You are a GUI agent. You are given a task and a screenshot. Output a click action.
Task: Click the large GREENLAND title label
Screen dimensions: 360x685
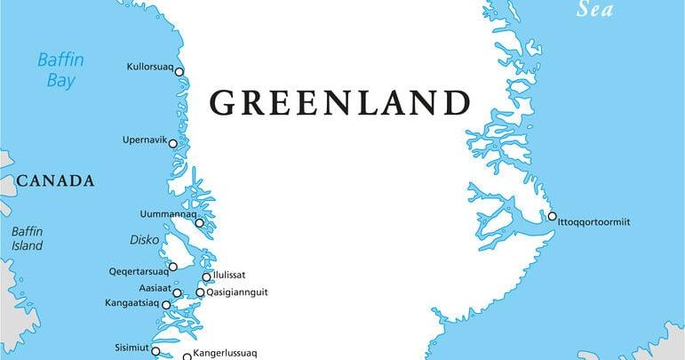point(339,103)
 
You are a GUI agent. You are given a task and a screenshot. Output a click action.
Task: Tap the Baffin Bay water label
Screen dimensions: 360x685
point(59,70)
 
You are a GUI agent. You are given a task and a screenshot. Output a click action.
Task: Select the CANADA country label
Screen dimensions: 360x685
point(55,181)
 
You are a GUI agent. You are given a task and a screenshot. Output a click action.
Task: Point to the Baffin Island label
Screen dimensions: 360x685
point(28,239)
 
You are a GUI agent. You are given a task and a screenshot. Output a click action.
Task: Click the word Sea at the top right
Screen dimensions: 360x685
point(595,10)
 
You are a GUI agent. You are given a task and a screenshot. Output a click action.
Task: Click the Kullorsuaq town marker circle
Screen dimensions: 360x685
point(179,72)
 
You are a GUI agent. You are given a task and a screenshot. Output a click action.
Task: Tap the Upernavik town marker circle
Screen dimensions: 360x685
point(172,142)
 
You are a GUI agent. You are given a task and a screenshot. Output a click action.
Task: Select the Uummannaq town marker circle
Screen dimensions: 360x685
point(199,223)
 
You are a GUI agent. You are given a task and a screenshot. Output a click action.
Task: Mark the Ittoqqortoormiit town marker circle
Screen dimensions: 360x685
point(552,216)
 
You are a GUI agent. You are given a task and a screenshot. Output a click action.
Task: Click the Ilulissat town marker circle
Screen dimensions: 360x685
point(207,276)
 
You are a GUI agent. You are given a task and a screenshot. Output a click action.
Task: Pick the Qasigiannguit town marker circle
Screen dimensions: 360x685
point(200,292)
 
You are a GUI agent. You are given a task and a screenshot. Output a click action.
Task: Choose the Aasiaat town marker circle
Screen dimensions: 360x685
point(177,292)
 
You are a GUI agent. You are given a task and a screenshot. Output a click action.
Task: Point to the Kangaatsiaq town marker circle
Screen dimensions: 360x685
point(166,305)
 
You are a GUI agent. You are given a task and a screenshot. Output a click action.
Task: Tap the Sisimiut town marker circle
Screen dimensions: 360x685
point(155,350)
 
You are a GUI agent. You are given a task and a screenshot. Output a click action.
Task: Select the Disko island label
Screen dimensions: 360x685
point(144,240)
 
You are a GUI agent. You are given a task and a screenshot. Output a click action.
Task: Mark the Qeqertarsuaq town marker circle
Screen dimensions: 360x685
point(172,267)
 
